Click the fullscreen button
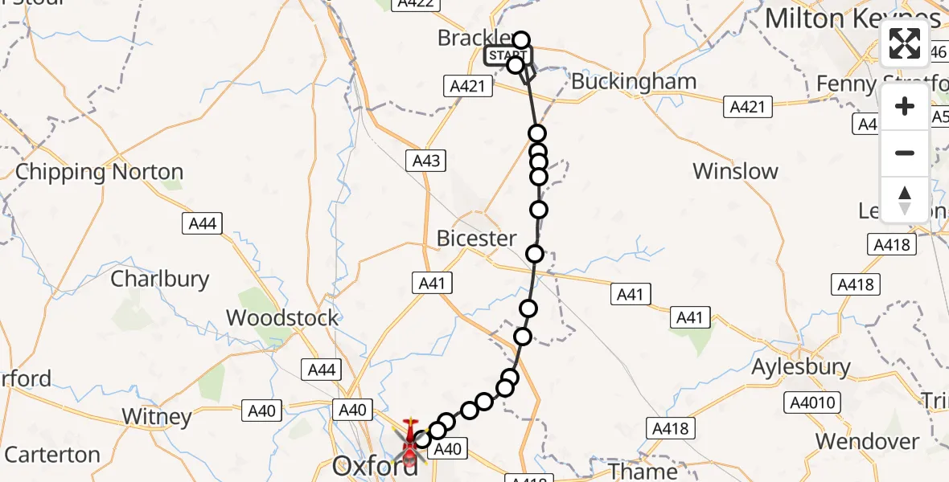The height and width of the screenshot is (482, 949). click(x=906, y=43)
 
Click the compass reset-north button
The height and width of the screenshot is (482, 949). click(x=906, y=198)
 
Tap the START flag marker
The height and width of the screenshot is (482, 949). click(x=506, y=55)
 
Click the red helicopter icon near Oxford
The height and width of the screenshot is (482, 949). click(x=410, y=440)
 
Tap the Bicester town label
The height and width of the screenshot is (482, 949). click(x=477, y=239)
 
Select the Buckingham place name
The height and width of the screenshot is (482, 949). click(x=634, y=82)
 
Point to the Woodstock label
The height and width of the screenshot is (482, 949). click(x=282, y=317)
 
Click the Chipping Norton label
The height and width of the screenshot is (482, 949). click(x=100, y=172)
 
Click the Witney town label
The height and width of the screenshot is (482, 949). click(x=157, y=417)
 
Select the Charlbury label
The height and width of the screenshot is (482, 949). click(x=159, y=279)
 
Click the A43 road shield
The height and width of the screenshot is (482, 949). click(x=425, y=161)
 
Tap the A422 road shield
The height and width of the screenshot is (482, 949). click(x=416, y=3)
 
